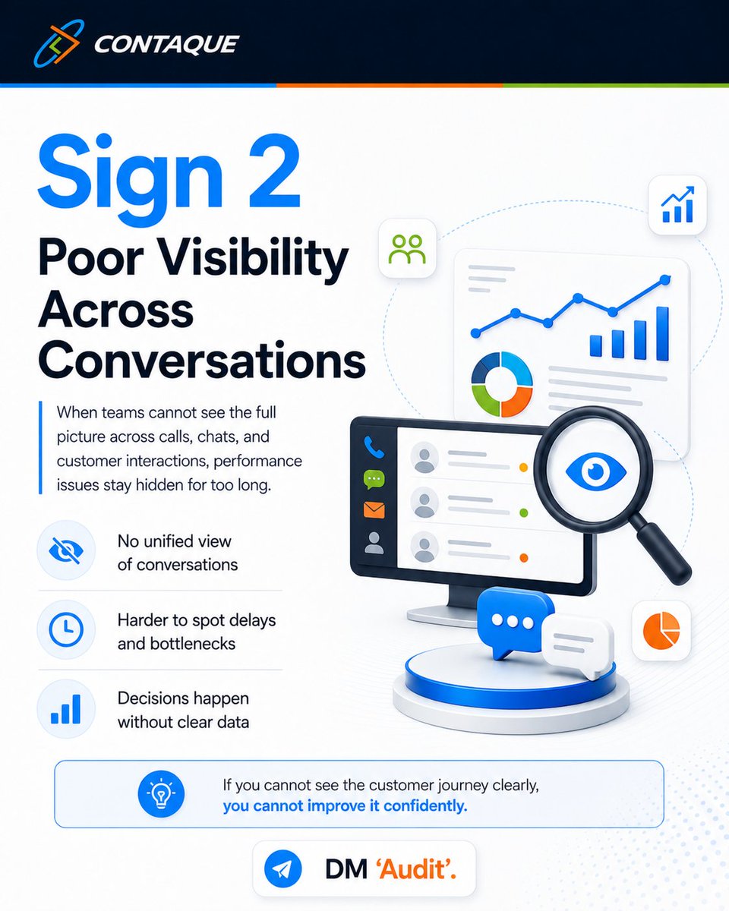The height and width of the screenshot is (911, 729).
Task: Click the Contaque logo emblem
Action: point(59,43)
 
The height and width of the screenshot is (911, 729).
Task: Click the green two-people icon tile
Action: point(407,248)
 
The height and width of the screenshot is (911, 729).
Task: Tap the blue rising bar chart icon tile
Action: point(677,205)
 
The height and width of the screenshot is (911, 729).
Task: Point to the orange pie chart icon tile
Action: point(661,630)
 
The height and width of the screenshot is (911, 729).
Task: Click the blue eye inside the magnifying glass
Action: point(596,471)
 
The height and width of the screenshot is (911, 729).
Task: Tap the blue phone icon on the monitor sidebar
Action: point(374,447)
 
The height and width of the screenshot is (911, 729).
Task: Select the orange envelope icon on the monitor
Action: point(374,509)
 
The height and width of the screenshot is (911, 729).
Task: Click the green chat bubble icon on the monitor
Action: point(374,479)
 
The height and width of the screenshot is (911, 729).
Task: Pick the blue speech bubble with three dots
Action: point(515,622)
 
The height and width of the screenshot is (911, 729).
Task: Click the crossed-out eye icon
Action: point(66,550)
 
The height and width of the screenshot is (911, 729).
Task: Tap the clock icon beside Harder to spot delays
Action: point(66,629)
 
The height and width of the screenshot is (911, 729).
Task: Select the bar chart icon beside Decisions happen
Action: point(65,708)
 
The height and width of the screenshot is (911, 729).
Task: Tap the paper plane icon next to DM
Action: point(282,868)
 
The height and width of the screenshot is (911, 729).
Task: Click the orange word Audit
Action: point(415,869)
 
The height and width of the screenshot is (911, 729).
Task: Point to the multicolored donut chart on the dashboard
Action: point(502,384)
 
